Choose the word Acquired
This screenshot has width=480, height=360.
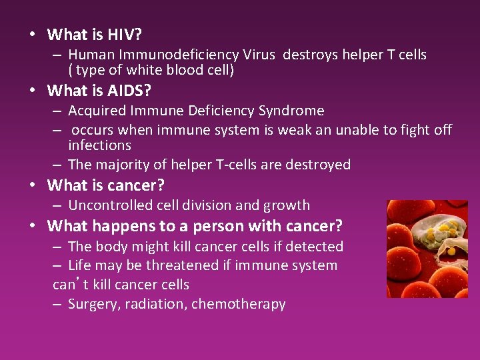click(95, 111)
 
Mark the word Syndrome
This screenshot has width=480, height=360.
click(291, 111)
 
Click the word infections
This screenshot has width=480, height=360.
click(99, 145)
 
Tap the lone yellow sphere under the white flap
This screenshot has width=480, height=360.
click(451, 251)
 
